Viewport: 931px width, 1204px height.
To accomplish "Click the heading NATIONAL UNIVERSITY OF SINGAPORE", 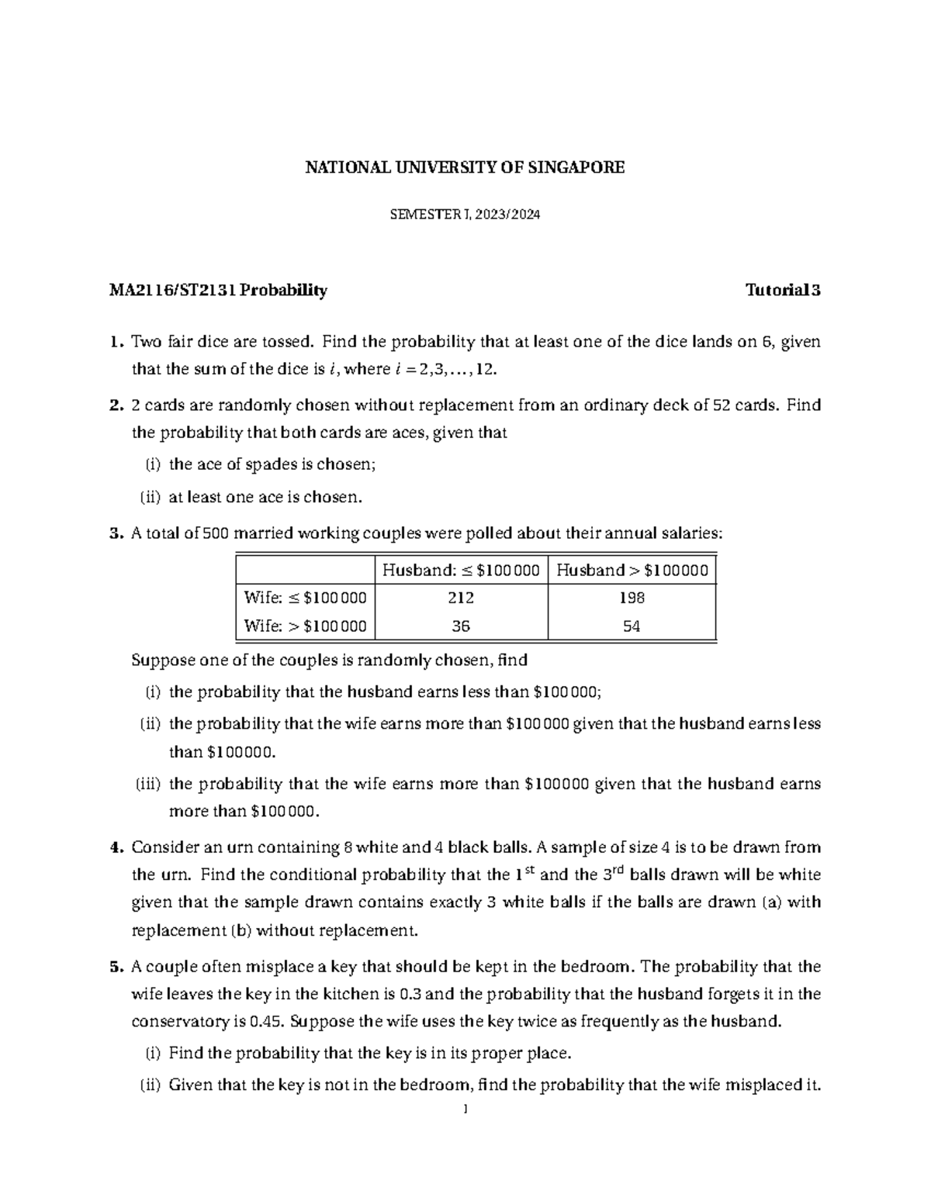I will click(464, 167).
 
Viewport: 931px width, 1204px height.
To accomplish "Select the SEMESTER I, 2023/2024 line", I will click(464, 216).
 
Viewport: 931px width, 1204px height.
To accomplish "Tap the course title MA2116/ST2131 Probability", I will click(218, 291).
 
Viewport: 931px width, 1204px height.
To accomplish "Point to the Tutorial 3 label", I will click(782, 291).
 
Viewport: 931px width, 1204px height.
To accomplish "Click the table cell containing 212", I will click(461, 598).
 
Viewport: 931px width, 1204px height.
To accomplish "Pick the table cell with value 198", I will click(632, 598).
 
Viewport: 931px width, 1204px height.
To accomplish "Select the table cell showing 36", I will click(461, 626).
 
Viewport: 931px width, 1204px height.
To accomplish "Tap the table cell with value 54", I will click(632, 626).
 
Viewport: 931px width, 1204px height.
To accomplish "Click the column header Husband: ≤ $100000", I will click(461, 571).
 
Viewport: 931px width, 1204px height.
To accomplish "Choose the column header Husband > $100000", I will click(632, 571).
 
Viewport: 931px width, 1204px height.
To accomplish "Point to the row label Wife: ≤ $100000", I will click(305, 598).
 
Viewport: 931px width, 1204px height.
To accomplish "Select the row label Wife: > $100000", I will click(305, 626).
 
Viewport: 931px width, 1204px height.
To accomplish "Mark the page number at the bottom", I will click(464, 1109).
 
